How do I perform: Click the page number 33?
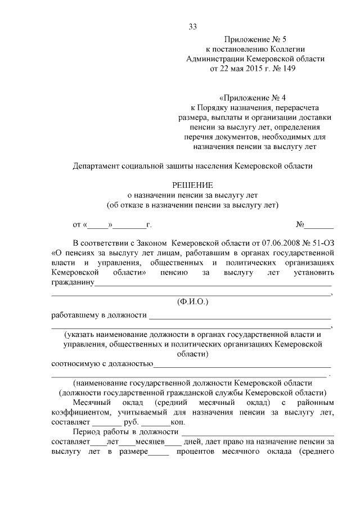click(x=193, y=26)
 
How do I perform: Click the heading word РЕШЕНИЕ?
click(x=192, y=184)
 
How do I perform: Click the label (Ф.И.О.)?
click(x=192, y=302)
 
